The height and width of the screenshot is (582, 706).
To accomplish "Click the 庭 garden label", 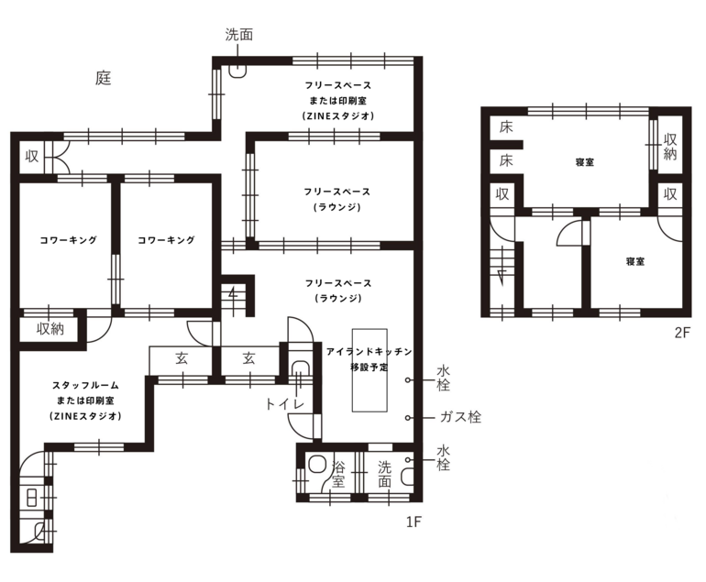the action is coord(104,78).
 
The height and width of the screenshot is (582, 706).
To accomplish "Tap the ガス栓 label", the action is coord(460,417).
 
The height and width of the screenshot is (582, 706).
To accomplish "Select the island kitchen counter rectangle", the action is coord(370,370).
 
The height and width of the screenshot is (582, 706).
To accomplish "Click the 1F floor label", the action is coord(414,522).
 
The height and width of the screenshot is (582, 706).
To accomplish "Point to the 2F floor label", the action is coord(682,332).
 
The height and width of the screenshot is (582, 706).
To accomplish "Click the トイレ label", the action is coord(285,404).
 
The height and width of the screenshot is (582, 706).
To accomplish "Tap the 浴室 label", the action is coord(338,474).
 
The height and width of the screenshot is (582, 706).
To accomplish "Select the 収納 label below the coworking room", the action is coord(50,329).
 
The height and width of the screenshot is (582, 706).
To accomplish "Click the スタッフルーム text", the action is coord(85,385).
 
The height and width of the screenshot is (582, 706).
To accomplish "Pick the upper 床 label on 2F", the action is coord(506,127).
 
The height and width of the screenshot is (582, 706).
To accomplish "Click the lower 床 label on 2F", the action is coord(506,160).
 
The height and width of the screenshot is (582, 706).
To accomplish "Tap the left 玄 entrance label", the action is coord(182,358).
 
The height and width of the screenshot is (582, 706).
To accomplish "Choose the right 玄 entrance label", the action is coord(249,358).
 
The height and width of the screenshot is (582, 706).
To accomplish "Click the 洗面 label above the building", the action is coord(239,35).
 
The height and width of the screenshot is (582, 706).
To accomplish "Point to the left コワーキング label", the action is coord(69,240).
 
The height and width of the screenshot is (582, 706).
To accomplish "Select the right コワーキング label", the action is coord(166,240).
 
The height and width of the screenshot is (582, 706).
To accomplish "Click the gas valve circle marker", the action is coord(407,418).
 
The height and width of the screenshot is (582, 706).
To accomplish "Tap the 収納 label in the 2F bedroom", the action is coord(670,147).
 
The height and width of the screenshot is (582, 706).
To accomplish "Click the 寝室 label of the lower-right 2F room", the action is coord(634,261).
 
